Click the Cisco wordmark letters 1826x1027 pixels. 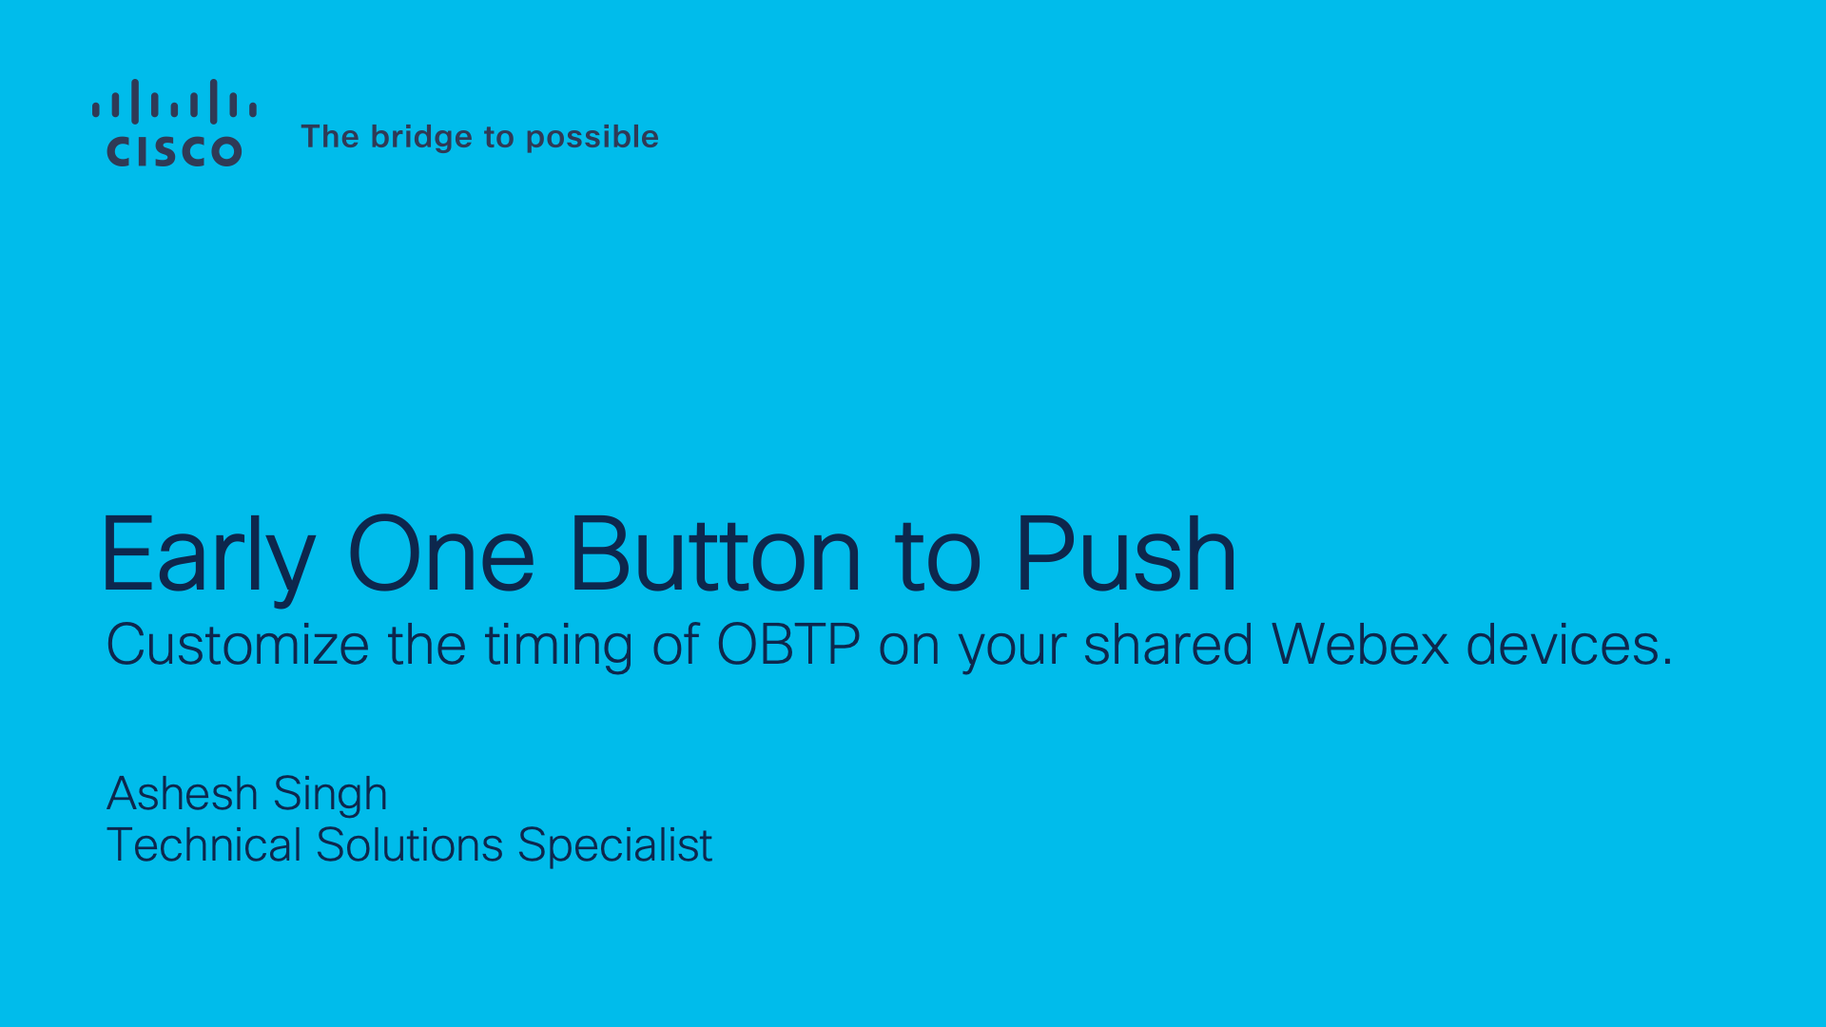(174, 151)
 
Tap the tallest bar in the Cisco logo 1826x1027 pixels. (135, 101)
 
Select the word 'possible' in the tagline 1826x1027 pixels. (592, 137)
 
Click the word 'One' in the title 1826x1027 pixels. (441, 555)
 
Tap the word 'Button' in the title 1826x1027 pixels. (715, 555)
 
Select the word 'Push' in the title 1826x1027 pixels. (1126, 555)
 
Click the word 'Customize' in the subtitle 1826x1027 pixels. (238, 646)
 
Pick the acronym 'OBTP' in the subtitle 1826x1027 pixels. (788, 646)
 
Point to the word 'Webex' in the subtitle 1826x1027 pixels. (1360, 646)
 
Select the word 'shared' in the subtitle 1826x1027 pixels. (1169, 646)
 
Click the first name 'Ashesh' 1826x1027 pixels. (183, 794)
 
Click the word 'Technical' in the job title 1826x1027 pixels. (204, 845)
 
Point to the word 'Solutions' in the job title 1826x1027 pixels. (409, 845)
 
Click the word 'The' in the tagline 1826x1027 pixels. (330, 137)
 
